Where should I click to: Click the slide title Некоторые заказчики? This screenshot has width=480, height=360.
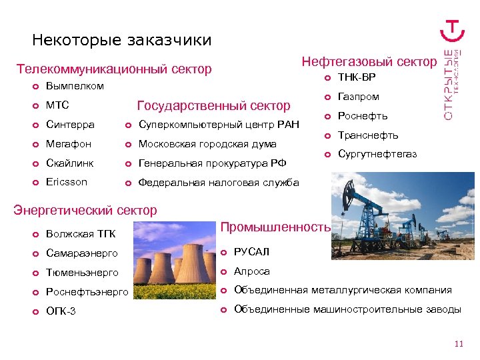click(121, 41)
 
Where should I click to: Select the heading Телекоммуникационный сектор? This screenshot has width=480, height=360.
click(114, 69)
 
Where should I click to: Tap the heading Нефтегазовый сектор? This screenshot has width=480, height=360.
click(369, 62)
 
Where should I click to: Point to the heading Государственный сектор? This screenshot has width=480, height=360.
click(213, 105)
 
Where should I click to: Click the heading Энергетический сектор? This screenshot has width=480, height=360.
click(85, 211)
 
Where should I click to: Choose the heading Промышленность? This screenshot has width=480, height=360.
click(275, 227)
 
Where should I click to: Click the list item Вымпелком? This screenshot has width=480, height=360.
click(75, 86)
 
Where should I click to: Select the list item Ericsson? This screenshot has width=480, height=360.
click(66, 182)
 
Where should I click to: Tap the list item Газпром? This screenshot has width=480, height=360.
click(358, 97)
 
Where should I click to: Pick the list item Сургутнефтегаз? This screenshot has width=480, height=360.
click(377, 154)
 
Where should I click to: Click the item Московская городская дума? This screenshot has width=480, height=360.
click(207, 144)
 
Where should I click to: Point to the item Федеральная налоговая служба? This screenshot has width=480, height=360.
click(218, 183)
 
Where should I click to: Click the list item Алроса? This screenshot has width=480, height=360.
click(251, 271)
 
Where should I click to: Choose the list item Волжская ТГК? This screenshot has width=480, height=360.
click(80, 234)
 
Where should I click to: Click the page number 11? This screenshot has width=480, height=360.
click(457, 344)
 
